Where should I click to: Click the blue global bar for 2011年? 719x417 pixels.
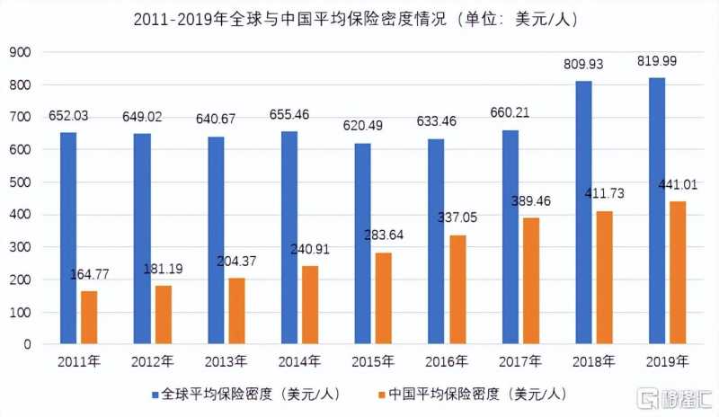click(68, 238)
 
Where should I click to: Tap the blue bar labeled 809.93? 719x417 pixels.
click(584, 212)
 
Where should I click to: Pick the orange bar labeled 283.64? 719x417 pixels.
click(384, 298)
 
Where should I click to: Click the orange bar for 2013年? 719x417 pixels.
click(236, 311)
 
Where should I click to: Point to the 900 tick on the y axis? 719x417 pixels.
click(22, 53)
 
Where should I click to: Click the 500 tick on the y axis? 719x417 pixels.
click(22, 182)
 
